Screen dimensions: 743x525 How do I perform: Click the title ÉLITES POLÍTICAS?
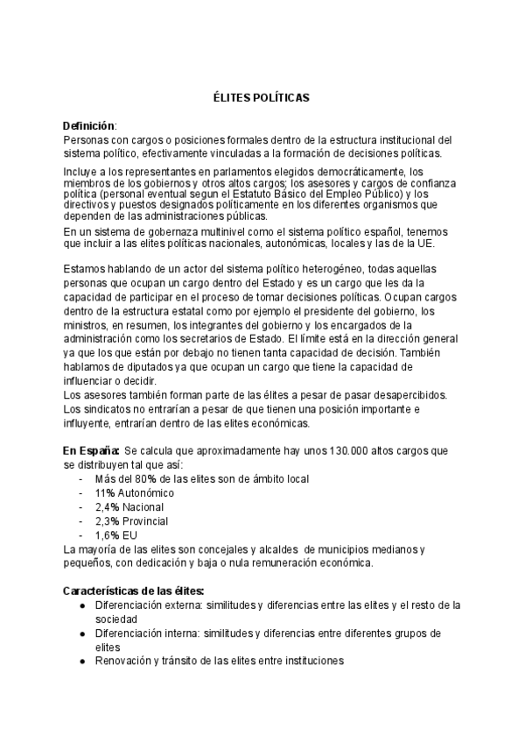click(x=262, y=100)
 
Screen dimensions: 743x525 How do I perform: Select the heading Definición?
click(x=89, y=126)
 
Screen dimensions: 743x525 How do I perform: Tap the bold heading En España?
click(x=90, y=450)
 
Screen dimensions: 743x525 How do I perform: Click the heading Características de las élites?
click(x=135, y=591)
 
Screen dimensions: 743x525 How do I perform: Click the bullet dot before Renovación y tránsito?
click(x=81, y=662)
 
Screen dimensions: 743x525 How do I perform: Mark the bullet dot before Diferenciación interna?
click(x=81, y=633)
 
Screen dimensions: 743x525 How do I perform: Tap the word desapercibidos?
click(x=402, y=395)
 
